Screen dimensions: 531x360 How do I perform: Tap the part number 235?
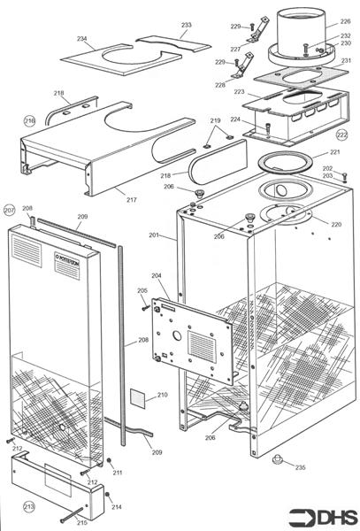300,466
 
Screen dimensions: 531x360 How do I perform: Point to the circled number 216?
29,121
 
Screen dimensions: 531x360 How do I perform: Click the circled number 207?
10,211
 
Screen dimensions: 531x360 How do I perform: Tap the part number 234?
81,39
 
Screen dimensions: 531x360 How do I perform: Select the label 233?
186,25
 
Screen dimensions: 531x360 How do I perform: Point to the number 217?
131,200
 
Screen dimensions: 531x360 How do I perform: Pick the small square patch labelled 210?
138,397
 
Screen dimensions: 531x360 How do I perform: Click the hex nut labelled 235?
278,459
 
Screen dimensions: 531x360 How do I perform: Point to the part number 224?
236,119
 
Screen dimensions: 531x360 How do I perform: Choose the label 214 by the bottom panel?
116,507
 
